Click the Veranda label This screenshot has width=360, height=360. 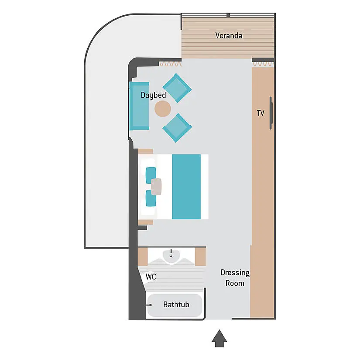229,36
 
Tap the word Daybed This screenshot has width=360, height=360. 153,95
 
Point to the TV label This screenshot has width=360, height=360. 261,113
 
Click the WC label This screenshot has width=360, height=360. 151,277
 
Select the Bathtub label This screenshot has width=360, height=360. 176,305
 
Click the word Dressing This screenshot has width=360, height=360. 235,273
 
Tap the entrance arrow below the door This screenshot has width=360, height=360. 219,339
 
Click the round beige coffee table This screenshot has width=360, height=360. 163,109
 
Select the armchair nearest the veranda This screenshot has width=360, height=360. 177,88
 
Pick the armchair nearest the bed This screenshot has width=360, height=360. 177,128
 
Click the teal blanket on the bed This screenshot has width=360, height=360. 186,187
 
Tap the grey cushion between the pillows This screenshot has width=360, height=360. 156,187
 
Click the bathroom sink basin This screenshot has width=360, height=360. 171,256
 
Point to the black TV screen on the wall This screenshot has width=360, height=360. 271,113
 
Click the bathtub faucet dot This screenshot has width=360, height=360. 151,305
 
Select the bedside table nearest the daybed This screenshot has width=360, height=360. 146,151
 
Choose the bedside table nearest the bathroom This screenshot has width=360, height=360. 146,222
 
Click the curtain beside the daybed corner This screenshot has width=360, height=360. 170,64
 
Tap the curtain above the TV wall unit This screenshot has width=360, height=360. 263,64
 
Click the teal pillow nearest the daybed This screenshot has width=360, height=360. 151,175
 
